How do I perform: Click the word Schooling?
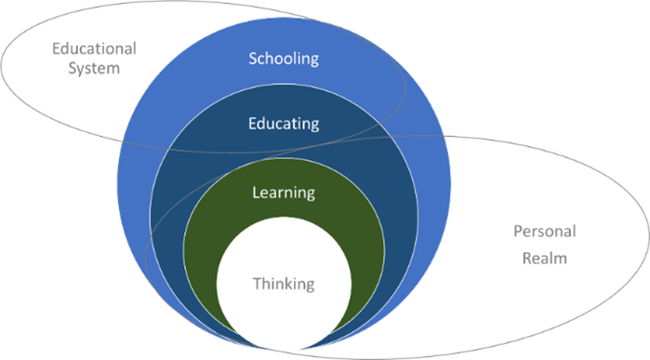point(284,59)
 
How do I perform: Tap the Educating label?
point(284,123)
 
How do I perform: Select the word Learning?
point(284,193)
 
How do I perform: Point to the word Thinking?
point(284,283)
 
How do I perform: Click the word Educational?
point(93,48)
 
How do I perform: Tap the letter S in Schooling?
point(253,59)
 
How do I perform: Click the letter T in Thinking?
point(256,283)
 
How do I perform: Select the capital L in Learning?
point(256,193)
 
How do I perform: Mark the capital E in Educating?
point(253,123)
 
